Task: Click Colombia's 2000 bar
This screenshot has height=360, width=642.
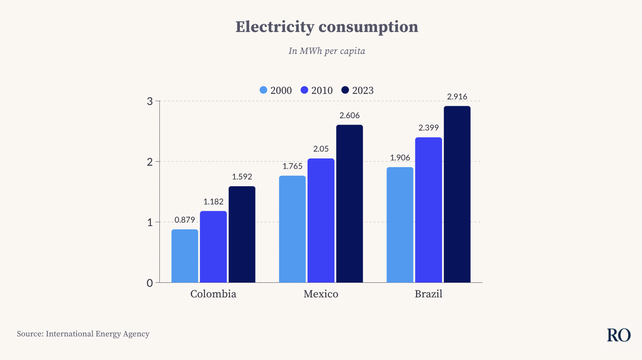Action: [x=185, y=256]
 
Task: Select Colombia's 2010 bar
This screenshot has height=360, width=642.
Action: [x=213, y=247]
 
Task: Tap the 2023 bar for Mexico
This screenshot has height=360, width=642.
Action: [x=349, y=204]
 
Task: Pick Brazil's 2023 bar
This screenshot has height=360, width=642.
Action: [x=457, y=194]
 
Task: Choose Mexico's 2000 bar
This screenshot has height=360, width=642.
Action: [x=292, y=229]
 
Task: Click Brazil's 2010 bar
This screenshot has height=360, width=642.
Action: [x=428, y=210]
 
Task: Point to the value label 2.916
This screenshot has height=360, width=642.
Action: [x=457, y=97]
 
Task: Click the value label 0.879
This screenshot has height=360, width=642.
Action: [x=185, y=220]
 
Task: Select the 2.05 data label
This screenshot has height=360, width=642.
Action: [x=321, y=149]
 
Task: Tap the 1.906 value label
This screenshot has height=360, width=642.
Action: [x=400, y=158]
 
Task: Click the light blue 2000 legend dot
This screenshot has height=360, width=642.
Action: [x=263, y=90]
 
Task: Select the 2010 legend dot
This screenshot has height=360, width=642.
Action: [x=304, y=90]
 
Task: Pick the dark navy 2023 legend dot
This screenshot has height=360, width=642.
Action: [x=345, y=90]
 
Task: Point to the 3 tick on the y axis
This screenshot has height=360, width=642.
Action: [x=150, y=101]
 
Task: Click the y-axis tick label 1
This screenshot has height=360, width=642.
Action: [x=150, y=222]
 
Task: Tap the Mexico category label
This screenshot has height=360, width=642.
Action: [x=321, y=294]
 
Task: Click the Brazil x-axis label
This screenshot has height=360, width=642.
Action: [x=428, y=294]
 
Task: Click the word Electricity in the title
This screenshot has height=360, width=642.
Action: [x=274, y=27]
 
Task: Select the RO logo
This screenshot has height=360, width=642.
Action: [x=619, y=335]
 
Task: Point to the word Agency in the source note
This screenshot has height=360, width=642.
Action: [x=136, y=334]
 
